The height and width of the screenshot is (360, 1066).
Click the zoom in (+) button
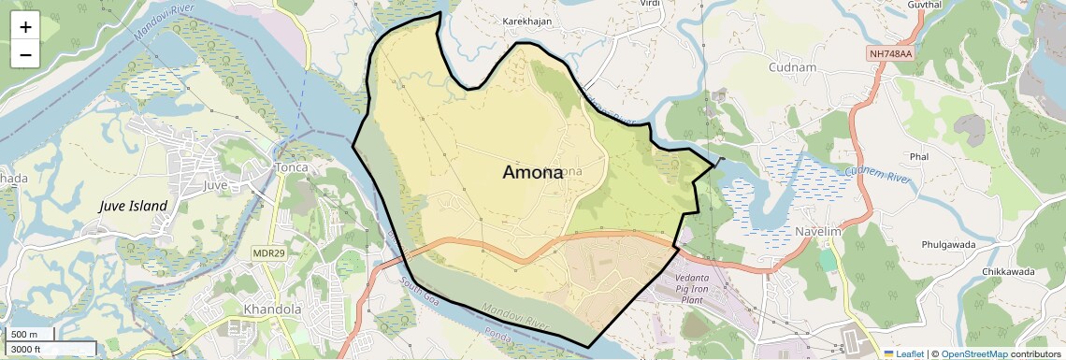25,27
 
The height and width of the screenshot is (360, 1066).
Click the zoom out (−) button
25,54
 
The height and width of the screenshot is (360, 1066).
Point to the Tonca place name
289,167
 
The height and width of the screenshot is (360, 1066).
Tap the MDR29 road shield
268,253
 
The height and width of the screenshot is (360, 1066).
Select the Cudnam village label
792,67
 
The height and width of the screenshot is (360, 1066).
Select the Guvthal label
923,5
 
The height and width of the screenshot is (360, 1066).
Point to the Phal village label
917,156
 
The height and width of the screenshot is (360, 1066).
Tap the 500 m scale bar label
24,335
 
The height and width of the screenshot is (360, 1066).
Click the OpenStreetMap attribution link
973,353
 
